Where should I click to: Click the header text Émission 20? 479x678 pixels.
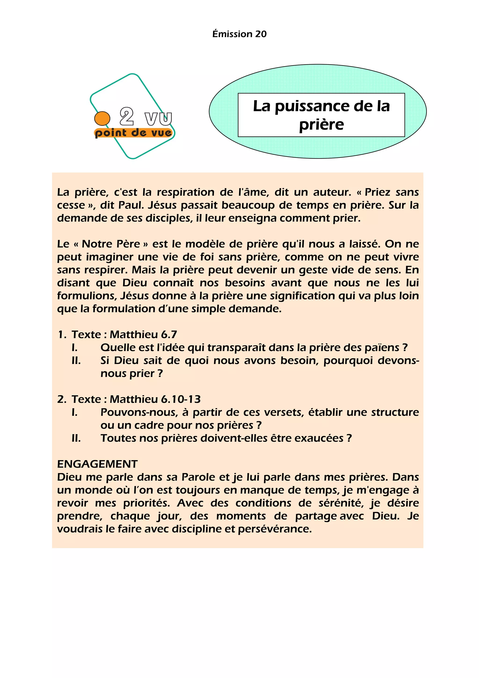pyautogui.click(x=239, y=34)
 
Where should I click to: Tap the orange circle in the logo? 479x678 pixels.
pyautogui.click(x=102, y=118)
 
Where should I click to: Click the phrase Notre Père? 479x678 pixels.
pyautogui.click(x=111, y=244)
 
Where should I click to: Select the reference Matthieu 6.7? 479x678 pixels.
pyautogui.click(x=143, y=335)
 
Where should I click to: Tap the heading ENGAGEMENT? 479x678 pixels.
pyautogui.click(x=97, y=464)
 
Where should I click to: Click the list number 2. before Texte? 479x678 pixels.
pyautogui.click(x=62, y=399)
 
